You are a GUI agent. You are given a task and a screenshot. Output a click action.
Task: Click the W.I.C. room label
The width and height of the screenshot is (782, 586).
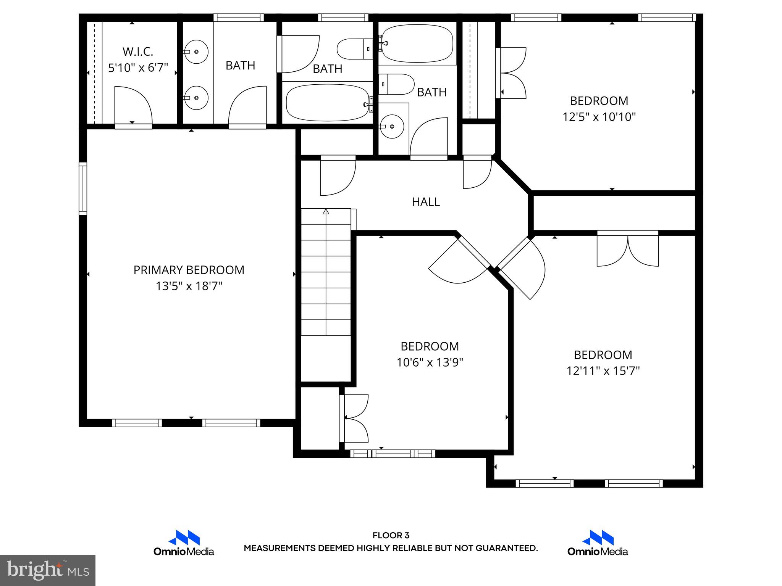[x=137, y=52]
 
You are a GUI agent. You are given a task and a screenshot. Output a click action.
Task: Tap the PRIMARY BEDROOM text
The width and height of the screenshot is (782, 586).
[x=189, y=270]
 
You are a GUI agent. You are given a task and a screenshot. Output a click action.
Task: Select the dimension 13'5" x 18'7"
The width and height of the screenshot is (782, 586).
[x=189, y=286]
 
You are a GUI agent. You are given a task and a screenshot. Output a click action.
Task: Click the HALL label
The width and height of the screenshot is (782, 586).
[x=426, y=202]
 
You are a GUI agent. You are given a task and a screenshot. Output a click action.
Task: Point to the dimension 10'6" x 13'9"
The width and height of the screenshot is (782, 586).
[x=430, y=362]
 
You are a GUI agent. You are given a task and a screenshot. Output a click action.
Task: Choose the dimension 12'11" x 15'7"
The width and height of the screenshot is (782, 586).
[x=603, y=371]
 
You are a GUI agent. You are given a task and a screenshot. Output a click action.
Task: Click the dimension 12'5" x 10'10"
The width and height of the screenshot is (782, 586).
[x=599, y=117]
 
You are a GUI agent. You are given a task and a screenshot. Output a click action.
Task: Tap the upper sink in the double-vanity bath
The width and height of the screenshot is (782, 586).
[x=196, y=52]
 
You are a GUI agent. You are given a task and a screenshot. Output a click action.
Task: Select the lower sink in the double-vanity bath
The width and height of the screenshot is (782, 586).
[x=196, y=98]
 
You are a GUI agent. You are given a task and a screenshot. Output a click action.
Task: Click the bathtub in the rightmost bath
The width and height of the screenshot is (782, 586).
[x=417, y=43]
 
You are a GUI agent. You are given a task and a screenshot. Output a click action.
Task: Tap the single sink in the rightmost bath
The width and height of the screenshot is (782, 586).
[x=392, y=126]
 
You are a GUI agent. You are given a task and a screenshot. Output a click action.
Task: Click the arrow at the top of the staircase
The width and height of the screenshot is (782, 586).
[x=326, y=211]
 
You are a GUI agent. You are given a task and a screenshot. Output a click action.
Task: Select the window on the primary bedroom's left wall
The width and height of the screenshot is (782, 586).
[x=83, y=188]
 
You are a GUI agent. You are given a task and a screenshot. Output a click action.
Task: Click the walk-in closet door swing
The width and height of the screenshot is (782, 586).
[x=133, y=105]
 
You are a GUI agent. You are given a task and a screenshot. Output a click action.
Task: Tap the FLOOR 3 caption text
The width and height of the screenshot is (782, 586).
[x=391, y=536]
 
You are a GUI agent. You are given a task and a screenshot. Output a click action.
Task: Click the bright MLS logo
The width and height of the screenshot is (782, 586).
[x=47, y=570]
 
